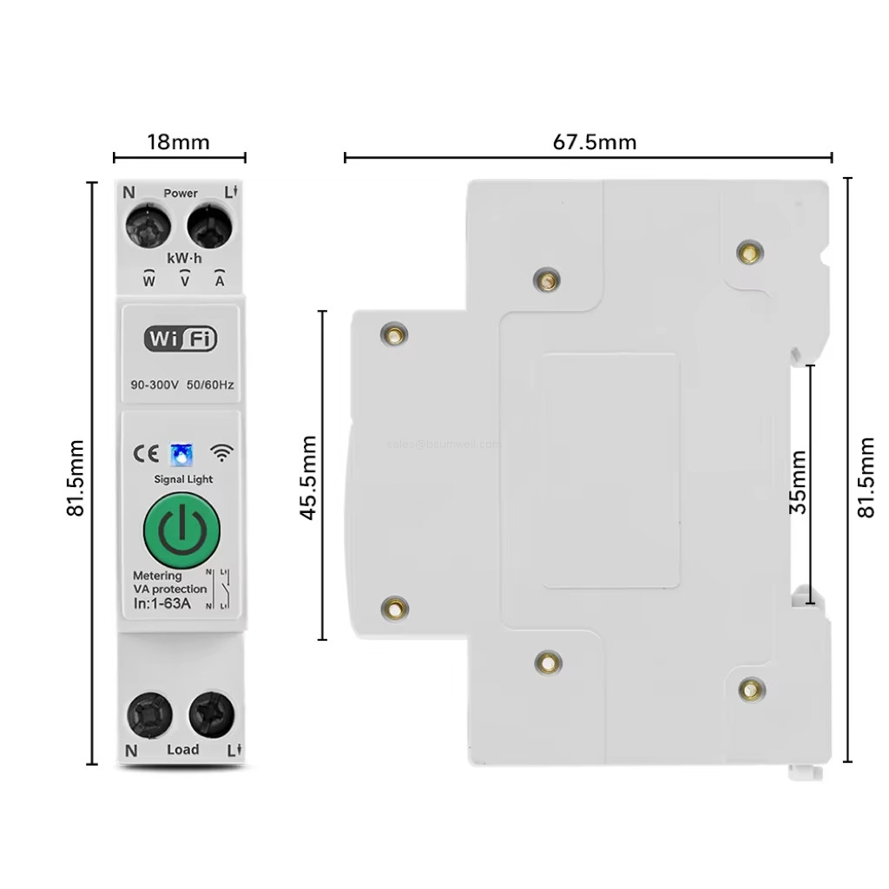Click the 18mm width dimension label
[x=179, y=142]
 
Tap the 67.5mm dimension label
[x=594, y=142]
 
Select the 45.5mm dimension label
[x=308, y=477]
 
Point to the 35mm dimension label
[x=798, y=482]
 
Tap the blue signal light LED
[x=181, y=453]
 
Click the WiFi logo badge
[x=181, y=339]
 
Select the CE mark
[x=144, y=453]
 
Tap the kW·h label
[x=184, y=258]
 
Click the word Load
[x=182, y=749]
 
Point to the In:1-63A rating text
[x=161, y=603]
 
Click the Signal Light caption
[x=182, y=479]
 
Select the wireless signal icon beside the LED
[x=223, y=452]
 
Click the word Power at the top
[x=181, y=193]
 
